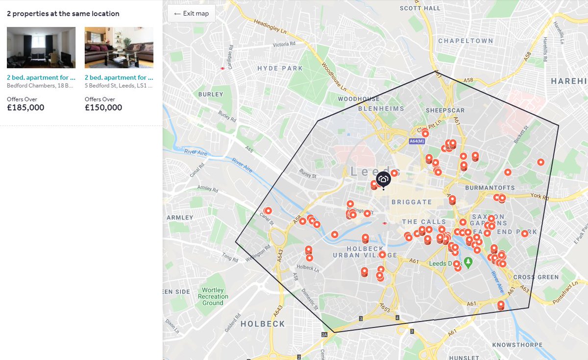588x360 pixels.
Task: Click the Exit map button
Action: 191,13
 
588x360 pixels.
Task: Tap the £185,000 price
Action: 25,108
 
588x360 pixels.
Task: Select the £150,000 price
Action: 103,108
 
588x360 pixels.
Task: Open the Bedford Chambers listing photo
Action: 41,48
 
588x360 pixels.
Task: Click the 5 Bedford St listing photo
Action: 119,48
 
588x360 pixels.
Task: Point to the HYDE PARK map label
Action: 280,68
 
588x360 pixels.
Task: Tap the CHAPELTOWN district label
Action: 465,41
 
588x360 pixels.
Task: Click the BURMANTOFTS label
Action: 490,188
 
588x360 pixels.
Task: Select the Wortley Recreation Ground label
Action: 213,296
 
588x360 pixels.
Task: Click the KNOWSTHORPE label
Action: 517,345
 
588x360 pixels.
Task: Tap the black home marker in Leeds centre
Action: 383,179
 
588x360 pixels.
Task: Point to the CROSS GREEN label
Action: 536,277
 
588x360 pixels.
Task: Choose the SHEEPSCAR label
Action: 442,110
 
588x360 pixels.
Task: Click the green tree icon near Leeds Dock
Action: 468,263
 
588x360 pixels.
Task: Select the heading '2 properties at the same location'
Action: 63,14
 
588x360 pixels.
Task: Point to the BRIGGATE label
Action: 412,202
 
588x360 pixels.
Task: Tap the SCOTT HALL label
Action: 420,8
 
